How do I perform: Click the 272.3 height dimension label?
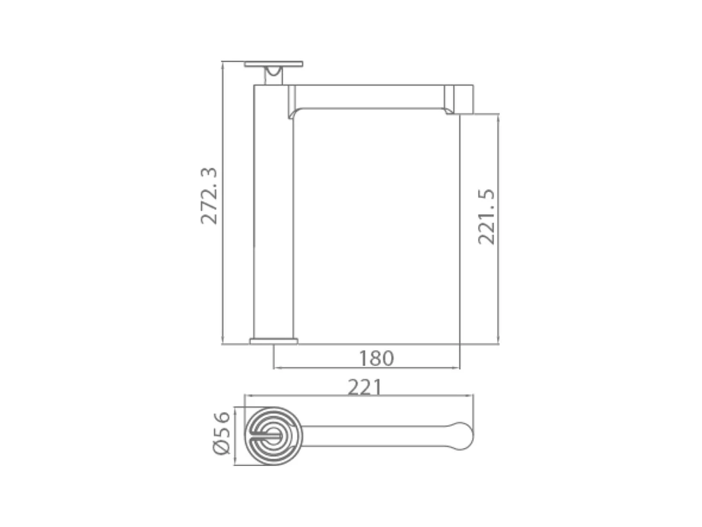point(209,195)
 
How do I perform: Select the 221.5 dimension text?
point(486,216)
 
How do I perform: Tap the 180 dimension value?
point(376,358)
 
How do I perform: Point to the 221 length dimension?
point(365,387)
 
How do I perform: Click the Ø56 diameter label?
point(221,432)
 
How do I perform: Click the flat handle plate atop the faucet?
point(273,64)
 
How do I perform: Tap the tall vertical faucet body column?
point(273,211)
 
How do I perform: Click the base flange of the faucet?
point(274,341)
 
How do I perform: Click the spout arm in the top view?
point(374,436)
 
